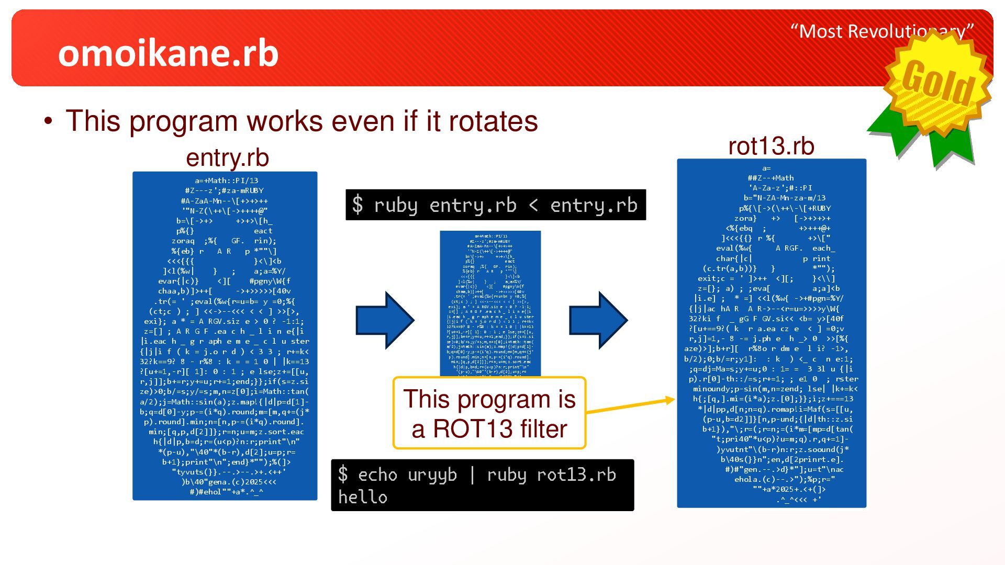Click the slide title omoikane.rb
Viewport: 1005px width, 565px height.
coord(168,53)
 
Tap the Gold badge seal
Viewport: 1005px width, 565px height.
coord(937,81)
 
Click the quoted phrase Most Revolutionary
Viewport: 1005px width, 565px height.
coord(882,31)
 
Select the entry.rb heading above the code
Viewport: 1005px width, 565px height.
coord(227,157)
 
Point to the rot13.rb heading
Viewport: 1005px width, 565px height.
coord(771,146)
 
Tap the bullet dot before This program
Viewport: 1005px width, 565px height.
coord(49,121)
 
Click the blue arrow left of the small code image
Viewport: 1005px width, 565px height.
coord(385,320)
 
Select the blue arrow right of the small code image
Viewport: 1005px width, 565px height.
coord(598,320)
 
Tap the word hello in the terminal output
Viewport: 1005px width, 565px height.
coord(363,497)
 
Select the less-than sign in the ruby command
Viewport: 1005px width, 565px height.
coord(533,205)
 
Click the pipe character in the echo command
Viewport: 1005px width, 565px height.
coord(472,474)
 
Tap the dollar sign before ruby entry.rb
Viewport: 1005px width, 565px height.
coord(357,205)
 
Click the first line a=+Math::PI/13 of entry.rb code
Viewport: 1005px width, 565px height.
coord(226,180)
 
